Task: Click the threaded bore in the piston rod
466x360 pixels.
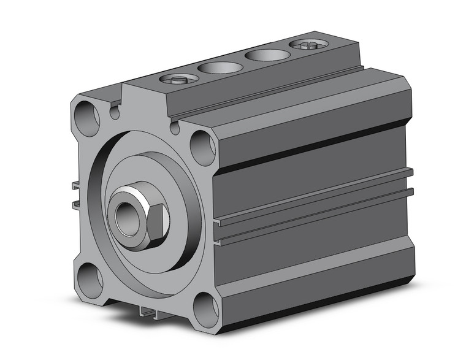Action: coord(126,218)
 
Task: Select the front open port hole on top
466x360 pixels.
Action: coord(220,67)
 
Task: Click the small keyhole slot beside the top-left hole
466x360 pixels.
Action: coord(115,112)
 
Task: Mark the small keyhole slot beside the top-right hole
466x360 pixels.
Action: coord(175,128)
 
